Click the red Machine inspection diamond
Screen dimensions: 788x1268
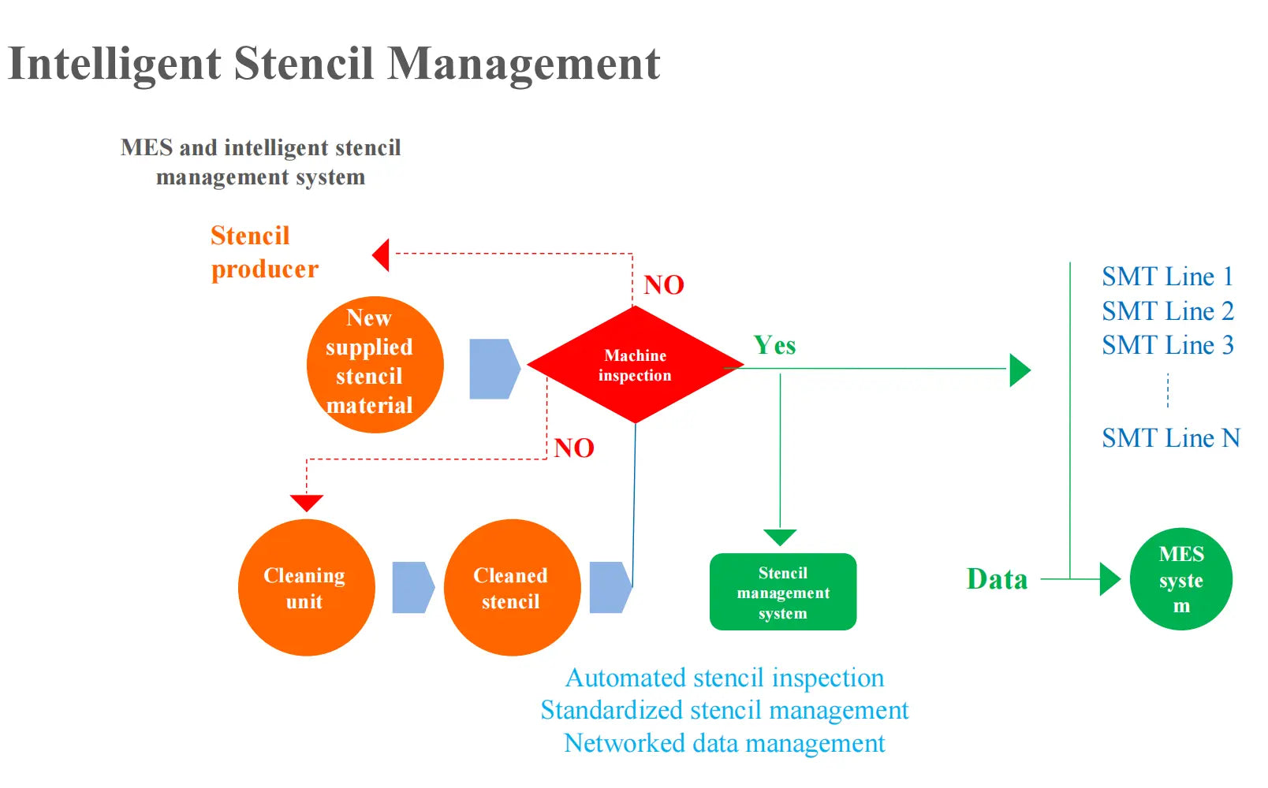point(635,365)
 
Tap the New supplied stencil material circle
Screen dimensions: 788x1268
point(375,365)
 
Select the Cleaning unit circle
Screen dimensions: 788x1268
point(306,588)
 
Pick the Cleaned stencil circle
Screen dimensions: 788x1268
point(512,588)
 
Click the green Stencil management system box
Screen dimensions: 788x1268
point(782,592)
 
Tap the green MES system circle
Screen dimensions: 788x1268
point(1180,579)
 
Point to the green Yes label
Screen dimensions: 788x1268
point(774,345)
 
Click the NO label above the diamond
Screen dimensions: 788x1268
point(663,284)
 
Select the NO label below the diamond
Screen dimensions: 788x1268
point(573,448)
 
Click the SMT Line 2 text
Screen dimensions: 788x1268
point(1167,311)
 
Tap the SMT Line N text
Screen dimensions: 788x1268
point(1170,437)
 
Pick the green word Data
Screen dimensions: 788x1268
point(997,579)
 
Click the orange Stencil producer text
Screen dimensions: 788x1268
point(264,252)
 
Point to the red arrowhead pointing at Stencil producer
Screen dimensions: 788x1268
point(382,255)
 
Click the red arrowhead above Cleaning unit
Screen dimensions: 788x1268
point(307,503)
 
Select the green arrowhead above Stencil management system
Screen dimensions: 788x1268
point(780,537)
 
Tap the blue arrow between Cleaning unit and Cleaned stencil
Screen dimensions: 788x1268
point(412,587)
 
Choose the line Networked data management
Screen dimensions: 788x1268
point(724,743)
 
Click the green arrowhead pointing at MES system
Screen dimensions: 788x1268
point(1109,579)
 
